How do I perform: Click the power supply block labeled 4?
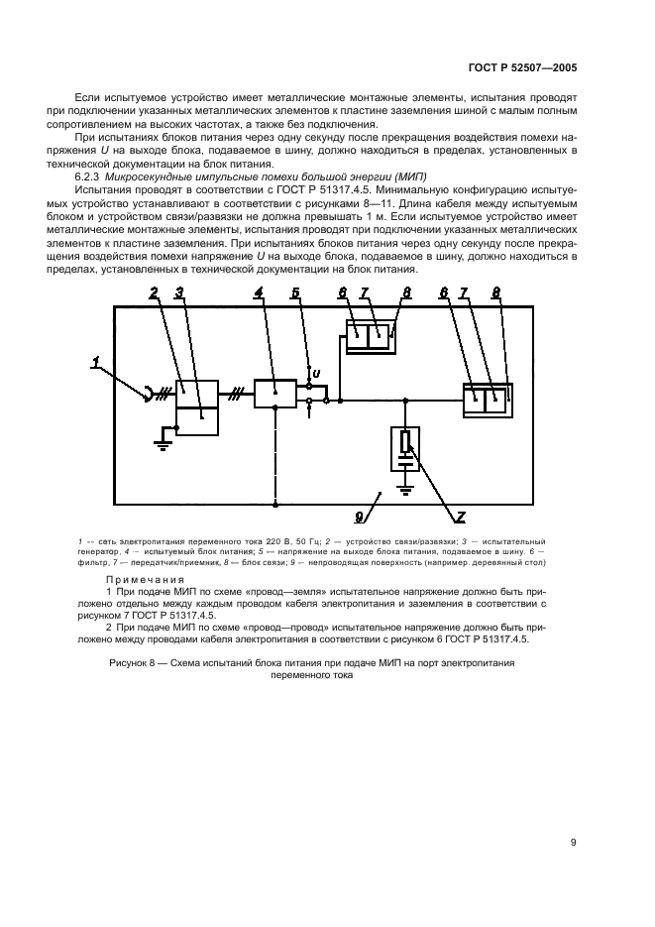[274, 393]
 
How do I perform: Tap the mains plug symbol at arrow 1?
[154, 396]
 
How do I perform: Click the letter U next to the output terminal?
[316, 373]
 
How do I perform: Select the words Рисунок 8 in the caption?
[135, 661]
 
